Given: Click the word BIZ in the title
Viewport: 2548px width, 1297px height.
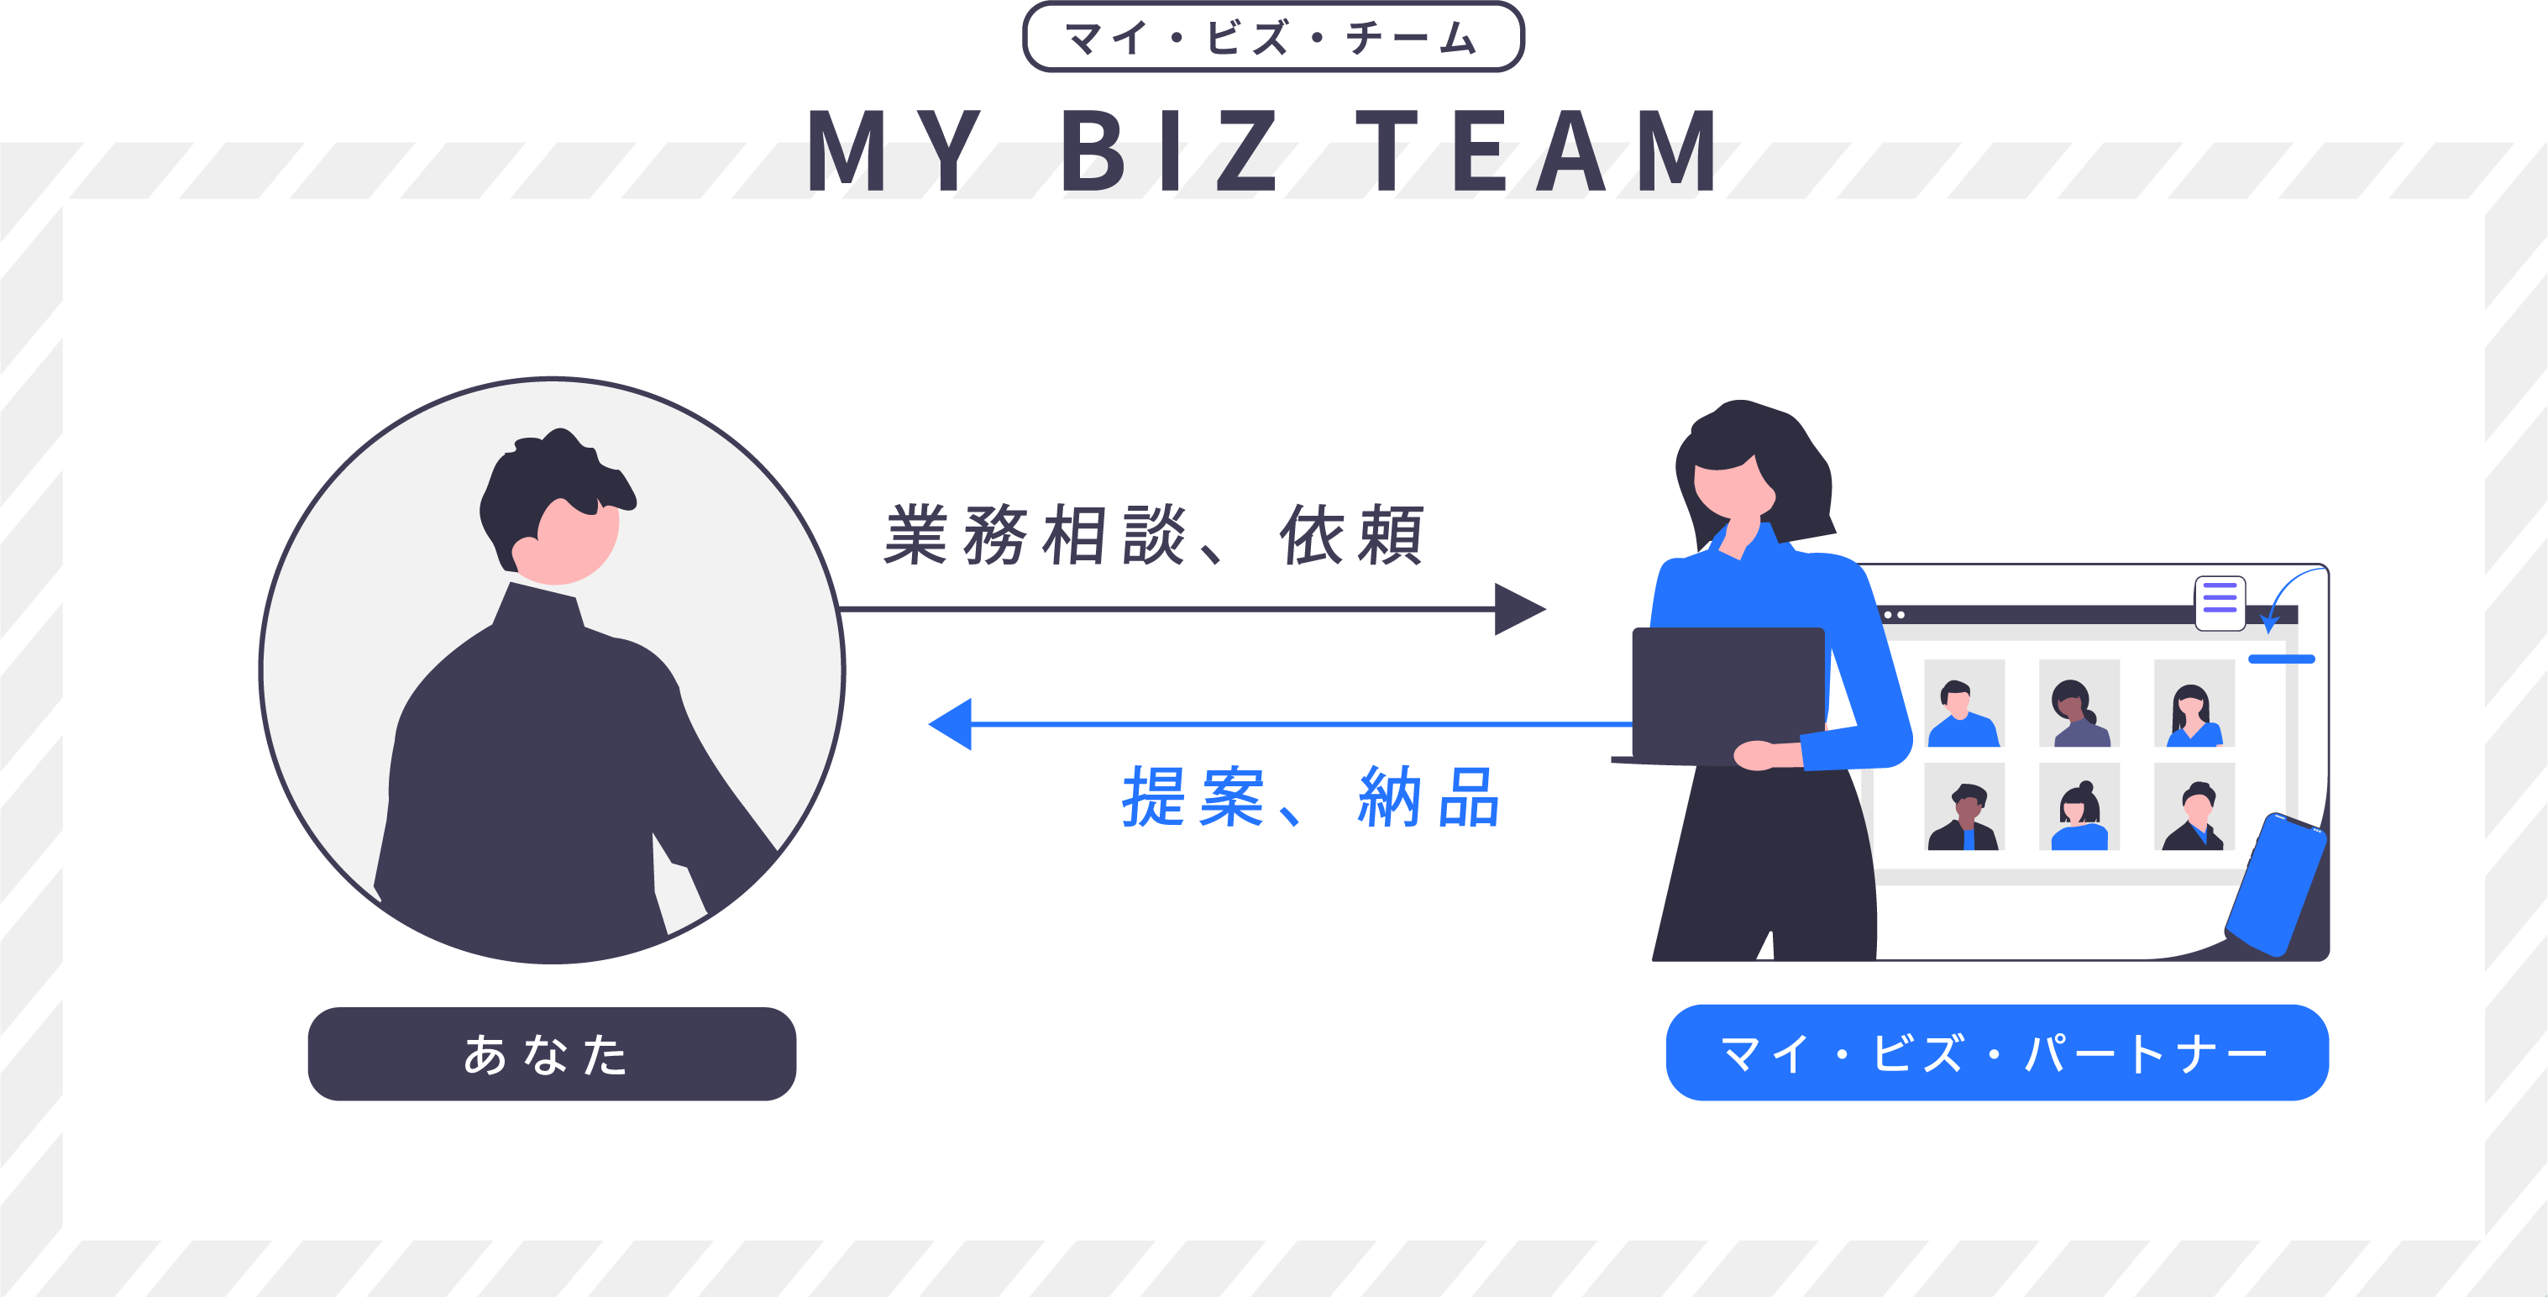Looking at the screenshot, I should (1168, 151).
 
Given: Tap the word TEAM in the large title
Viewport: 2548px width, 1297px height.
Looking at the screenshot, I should (1538, 151).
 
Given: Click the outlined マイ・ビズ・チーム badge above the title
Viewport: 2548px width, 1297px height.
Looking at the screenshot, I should (1273, 38).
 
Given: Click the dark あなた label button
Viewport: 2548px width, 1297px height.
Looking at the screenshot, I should (551, 1053).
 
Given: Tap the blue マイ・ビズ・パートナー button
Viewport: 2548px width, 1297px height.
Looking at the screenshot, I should (1996, 1053).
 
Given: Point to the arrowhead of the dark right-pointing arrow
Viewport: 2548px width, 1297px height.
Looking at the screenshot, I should (1519, 608).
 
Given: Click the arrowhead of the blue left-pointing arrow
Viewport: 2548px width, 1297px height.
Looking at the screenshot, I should (952, 724).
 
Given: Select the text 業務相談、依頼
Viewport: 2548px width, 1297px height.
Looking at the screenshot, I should (1152, 535).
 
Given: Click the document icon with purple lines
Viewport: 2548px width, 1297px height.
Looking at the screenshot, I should (2220, 602).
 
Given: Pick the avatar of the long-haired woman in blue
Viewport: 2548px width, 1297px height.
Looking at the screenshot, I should (2194, 706).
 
